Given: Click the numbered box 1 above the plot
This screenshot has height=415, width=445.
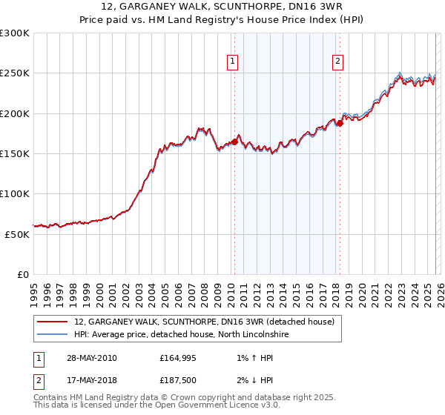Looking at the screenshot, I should pos(233,62).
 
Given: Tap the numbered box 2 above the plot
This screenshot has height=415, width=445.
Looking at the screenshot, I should pos(338,62).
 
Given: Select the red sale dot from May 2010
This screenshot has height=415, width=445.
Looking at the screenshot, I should pos(235,141).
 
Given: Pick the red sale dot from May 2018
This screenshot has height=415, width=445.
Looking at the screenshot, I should pos(340,123).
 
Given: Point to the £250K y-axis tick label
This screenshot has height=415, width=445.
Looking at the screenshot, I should pos(14,73).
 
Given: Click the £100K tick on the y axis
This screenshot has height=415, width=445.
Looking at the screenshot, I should pos(14,193).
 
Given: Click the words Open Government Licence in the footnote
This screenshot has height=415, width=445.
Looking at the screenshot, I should pos(200,405).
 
